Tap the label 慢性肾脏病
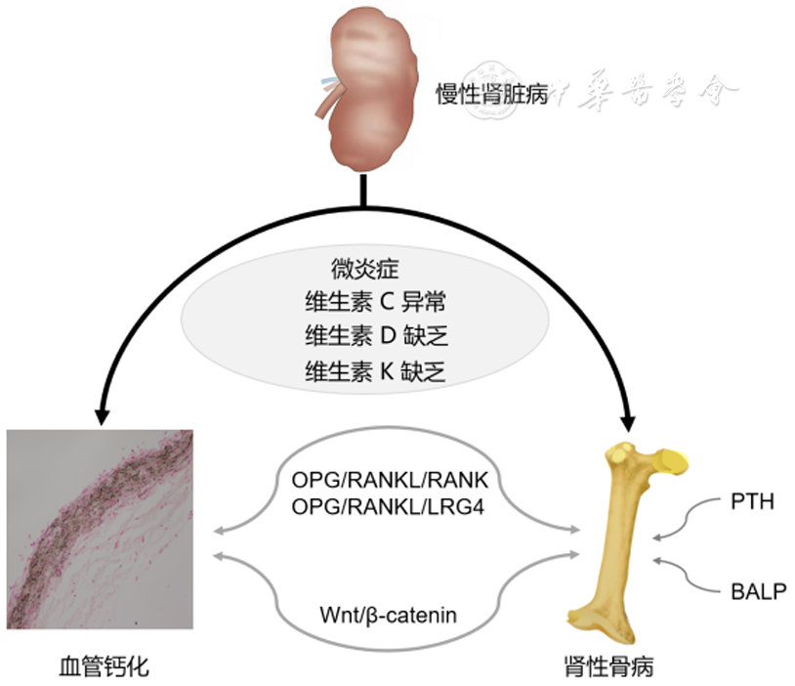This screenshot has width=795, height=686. click(491, 95)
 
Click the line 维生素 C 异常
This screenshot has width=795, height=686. click(375, 302)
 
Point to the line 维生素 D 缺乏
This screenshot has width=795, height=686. click(375, 336)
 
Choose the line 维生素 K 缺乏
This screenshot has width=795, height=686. click(375, 370)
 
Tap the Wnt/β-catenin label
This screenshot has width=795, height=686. click(388, 615)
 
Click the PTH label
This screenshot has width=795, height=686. click(752, 503)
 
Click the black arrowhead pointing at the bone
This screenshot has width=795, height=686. click(628, 419)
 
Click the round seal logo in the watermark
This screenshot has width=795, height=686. click(486, 92)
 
